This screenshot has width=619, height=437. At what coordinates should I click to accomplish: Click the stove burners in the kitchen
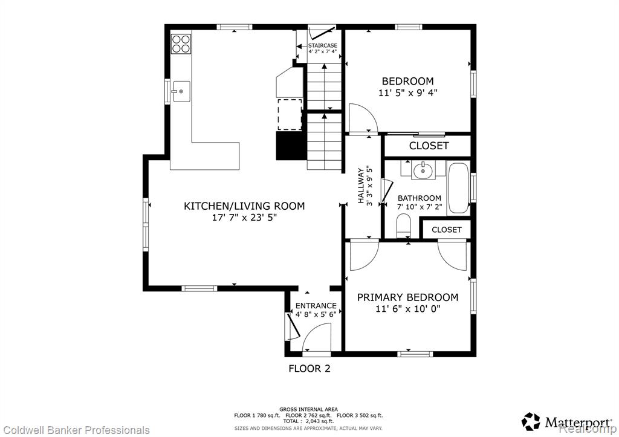[x=181, y=44]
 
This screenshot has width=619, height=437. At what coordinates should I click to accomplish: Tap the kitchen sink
[x=181, y=92]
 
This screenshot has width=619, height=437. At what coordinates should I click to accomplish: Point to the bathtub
[x=458, y=189]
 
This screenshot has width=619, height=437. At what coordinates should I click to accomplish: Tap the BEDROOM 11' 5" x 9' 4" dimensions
[x=408, y=93]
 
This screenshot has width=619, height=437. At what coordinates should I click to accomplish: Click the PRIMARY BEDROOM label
[x=408, y=297]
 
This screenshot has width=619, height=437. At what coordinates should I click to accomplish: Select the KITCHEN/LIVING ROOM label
[x=244, y=206]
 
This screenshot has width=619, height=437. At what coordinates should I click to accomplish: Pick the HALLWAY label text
[x=361, y=186]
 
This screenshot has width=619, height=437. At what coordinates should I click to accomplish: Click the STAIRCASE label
[x=323, y=45]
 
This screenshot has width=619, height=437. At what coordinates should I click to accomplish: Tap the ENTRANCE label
[x=316, y=306]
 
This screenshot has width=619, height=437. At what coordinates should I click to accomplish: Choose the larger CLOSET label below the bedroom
[x=429, y=146]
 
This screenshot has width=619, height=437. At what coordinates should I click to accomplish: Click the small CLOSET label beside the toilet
[x=447, y=230]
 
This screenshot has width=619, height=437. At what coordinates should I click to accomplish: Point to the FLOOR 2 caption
[x=309, y=369]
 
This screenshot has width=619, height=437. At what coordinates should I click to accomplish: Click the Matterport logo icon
[x=531, y=422]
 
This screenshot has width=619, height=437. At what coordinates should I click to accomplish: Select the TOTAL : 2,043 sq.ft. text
[x=309, y=421]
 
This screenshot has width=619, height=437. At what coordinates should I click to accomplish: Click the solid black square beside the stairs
[x=291, y=146]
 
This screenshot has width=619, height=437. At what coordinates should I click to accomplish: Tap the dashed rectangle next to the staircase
[x=290, y=114]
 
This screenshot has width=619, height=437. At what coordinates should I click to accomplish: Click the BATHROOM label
[x=420, y=198]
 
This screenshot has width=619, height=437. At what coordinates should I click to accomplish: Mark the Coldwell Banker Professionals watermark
[x=75, y=430]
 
